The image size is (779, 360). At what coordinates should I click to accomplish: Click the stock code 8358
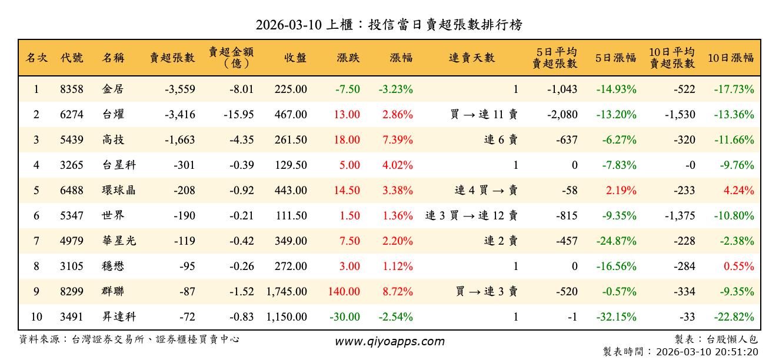[x=72, y=89]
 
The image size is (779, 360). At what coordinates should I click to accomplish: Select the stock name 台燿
[x=113, y=115]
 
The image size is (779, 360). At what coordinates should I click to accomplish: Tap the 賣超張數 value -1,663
[x=176, y=140]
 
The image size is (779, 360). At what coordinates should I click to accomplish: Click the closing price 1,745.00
[x=287, y=291]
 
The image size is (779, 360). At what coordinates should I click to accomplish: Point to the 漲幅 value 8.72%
[x=398, y=291]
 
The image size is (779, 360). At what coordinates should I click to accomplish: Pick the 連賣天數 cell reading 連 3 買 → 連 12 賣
[x=471, y=216]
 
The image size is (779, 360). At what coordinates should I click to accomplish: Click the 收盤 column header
[x=295, y=58]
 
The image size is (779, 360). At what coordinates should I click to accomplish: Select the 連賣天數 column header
[x=472, y=58]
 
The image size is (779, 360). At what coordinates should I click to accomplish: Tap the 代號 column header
[x=72, y=58]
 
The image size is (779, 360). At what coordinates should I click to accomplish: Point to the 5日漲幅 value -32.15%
[x=616, y=317]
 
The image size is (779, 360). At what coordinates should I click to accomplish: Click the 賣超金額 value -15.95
[x=239, y=115]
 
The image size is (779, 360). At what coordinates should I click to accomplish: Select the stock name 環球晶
[x=119, y=191]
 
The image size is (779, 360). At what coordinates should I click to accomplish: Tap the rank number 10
[x=36, y=317]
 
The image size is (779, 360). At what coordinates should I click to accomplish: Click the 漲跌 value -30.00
[x=344, y=317]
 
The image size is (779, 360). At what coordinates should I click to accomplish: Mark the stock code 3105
[x=72, y=266]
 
